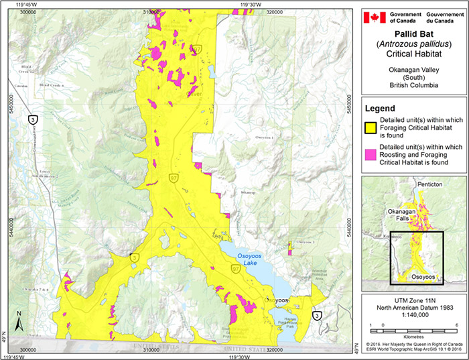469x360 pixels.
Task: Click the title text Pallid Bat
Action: pos(413,33)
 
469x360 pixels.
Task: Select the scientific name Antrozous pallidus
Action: pos(413,44)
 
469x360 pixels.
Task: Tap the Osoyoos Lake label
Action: pos(248,259)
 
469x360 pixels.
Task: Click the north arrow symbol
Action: pos(21,321)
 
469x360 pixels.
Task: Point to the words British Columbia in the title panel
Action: pos(413,86)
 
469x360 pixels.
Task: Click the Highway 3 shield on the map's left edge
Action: pos(32,119)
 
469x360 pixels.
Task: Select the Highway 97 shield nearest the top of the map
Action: pos(198,50)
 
